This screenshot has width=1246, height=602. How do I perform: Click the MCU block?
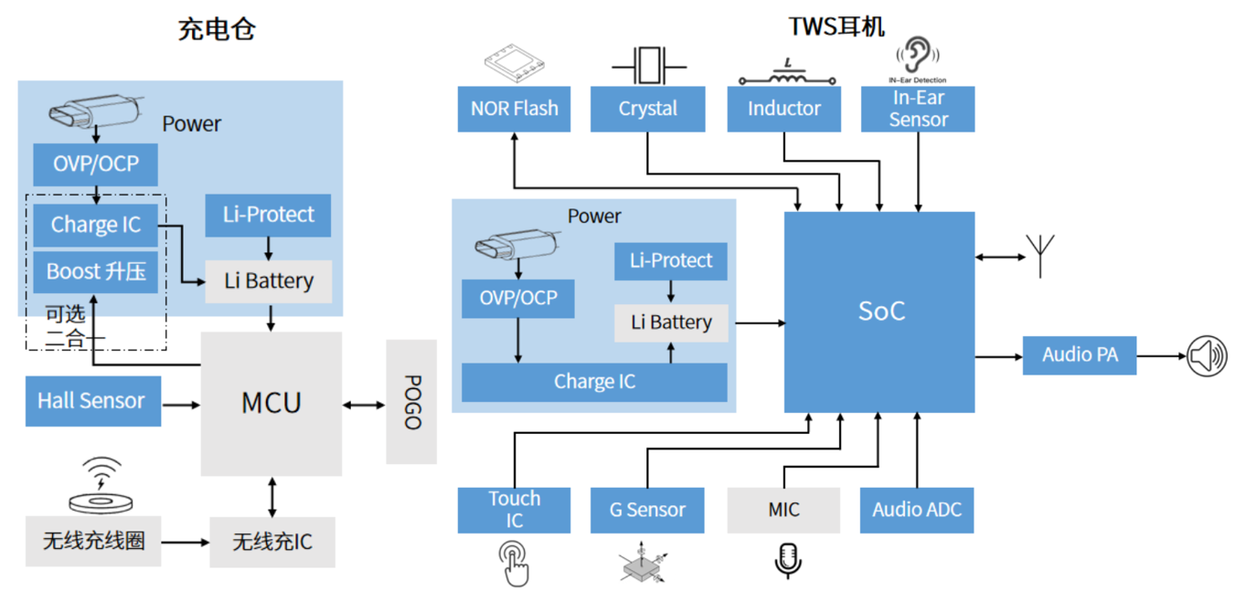[x=271, y=403]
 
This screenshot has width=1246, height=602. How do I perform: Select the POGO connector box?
[x=411, y=402]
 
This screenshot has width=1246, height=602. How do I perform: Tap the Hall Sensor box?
[x=92, y=401]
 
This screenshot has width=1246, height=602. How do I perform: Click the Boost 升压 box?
[x=95, y=272]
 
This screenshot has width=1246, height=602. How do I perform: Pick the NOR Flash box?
[x=514, y=109]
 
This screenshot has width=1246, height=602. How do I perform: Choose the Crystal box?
[x=647, y=109]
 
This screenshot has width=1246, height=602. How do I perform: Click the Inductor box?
[x=783, y=109]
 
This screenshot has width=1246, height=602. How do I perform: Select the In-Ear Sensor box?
[x=918, y=109]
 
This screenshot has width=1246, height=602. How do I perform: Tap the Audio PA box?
[x=1080, y=355]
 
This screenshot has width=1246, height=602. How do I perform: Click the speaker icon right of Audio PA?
[x=1207, y=355]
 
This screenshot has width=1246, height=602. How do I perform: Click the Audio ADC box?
[x=916, y=510]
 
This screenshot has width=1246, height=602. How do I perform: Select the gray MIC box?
[x=783, y=510]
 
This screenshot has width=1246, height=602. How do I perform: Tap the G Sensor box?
[x=647, y=510]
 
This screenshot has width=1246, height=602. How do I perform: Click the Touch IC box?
[x=514, y=510]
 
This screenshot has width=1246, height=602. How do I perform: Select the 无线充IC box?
[x=272, y=542]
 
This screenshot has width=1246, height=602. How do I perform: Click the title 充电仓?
[x=217, y=29]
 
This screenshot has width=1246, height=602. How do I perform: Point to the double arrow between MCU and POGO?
[x=364, y=404]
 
